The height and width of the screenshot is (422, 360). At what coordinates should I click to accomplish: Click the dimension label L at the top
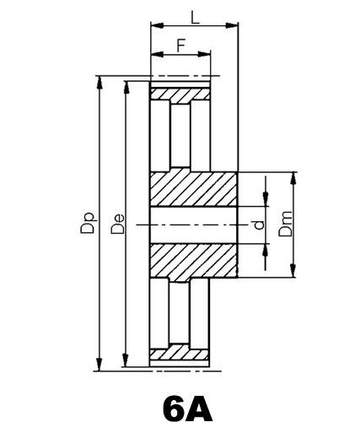tap(195, 16)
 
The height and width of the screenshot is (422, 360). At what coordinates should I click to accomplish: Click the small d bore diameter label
tap(258, 225)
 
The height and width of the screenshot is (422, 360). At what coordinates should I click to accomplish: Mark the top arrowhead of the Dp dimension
tap(100, 80)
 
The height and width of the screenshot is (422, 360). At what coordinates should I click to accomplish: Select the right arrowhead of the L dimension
tap(234, 27)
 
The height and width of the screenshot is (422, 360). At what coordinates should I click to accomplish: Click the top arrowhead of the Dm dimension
tap(294, 176)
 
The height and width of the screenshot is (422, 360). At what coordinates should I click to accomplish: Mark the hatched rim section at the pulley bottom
tap(180, 354)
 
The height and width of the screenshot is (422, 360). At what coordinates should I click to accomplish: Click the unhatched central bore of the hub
tap(194, 224)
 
